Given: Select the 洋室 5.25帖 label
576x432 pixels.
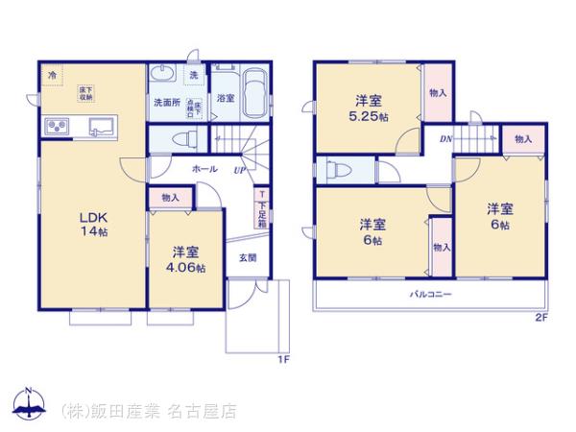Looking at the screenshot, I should point(370,107).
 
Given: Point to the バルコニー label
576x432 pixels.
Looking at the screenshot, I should point(431,293).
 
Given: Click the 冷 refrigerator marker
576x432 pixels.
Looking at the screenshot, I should point(51,74).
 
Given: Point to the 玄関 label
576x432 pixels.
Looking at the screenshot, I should point(247,256).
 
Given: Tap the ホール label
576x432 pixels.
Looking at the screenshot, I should point(204,168).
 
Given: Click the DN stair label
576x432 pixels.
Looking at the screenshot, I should point(446,139).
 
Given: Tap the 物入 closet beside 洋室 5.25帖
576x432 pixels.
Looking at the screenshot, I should point(437,93).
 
